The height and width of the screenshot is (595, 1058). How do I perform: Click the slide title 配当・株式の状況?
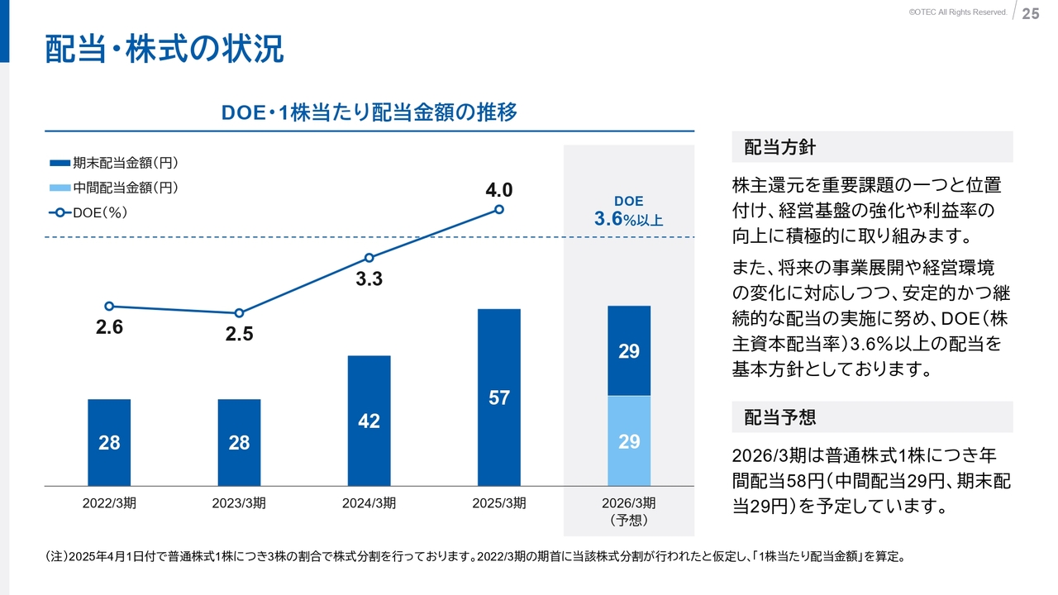[164, 50]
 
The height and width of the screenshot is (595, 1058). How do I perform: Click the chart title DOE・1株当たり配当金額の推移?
[369, 112]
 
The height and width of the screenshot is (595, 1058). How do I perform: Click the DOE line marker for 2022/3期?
[109, 306]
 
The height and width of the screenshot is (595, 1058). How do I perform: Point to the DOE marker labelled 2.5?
[239, 313]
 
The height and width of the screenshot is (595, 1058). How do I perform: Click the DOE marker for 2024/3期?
[369, 258]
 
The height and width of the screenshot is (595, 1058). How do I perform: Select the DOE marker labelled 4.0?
[499, 209]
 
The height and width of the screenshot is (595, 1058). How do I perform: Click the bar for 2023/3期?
[239, 442]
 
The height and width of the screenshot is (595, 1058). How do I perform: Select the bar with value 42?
[369, 421]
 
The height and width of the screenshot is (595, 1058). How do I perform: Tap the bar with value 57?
[499, 397]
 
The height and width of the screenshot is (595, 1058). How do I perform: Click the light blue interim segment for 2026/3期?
[629, 441]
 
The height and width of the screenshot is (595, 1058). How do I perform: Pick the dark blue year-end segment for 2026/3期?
[629, 351]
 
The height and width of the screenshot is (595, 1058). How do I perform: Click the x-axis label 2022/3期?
[109, 503]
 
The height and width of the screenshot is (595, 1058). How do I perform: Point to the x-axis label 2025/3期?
[499, 503]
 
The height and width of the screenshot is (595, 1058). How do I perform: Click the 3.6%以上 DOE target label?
[628, 219]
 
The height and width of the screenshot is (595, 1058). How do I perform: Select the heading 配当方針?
[779, 147]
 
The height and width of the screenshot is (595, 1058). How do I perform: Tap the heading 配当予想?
[779, 417]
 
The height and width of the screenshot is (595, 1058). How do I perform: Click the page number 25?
[1031, 13]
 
